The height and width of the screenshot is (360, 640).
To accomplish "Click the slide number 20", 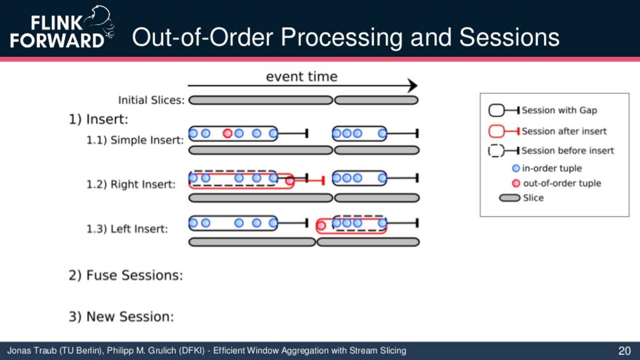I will click(624, 351).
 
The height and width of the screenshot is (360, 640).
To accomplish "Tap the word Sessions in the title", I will click(509, 37).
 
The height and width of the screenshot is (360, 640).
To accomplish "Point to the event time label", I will click(301, 76).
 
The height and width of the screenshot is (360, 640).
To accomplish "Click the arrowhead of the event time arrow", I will click(413, 86).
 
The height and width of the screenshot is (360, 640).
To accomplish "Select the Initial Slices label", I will click(151, 100).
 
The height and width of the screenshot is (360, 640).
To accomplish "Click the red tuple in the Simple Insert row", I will click(228, 133).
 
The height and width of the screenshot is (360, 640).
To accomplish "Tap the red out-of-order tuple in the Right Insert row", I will click(290, 180).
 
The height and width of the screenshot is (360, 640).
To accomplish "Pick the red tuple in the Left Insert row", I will click(321, 226).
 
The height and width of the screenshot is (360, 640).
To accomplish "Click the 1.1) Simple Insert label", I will click(135, 140).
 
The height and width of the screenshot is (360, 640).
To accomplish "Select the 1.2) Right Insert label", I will click(131, 184).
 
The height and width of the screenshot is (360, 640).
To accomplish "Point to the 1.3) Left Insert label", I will click(127, 229).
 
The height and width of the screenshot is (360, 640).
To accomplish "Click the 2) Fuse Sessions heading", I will click(126, 276).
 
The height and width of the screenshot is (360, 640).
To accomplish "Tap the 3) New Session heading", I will click(121, 317).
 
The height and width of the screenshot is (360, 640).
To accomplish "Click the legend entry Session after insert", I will click(564, 131).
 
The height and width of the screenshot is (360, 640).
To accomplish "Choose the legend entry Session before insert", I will click(568, 151).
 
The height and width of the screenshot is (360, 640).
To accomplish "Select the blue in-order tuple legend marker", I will click(516, 168).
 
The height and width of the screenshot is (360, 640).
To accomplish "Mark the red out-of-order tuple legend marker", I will click(516, 184).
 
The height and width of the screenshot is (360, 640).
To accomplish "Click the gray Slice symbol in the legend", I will click(509, 198).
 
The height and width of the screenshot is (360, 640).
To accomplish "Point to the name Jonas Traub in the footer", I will click(32, 351).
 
